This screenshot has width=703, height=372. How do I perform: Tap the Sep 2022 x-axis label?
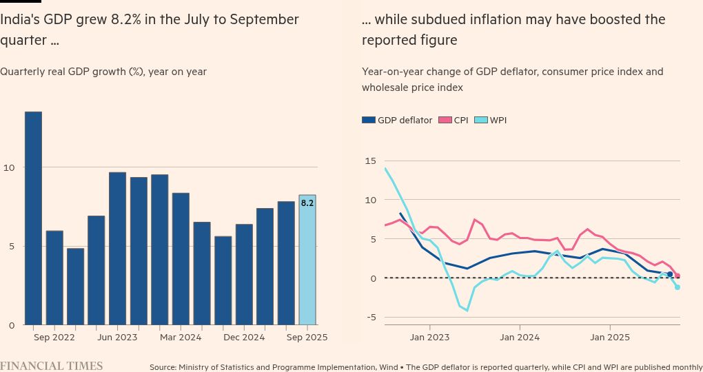[54, 338]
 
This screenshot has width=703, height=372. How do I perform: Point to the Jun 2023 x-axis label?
[117, 338]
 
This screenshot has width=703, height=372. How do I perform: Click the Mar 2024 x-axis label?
[181, 338]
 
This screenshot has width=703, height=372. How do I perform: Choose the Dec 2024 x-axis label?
[244, 338]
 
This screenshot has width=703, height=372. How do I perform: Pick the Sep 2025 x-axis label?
[307, 338]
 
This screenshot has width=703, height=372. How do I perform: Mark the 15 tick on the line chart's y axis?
[370, 161]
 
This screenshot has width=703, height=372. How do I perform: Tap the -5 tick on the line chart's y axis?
[370, 318]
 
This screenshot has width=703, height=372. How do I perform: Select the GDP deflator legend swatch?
[369, 120]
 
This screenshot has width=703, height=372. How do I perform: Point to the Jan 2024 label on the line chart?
[520, 338]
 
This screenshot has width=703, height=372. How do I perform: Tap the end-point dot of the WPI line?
[677, 287]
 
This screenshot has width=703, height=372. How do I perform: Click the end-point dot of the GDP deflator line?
[670, 274]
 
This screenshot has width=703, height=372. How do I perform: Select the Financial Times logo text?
[52, 366]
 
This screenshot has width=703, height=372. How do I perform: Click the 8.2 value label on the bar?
[307, 203]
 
